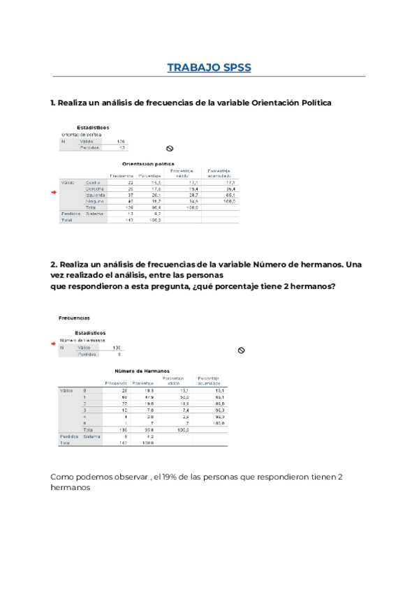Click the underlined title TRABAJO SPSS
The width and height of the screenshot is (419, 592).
coord(209,68)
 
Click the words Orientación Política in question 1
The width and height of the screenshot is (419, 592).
coord(291,103)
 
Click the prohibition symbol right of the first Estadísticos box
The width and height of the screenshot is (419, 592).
coord(169,148)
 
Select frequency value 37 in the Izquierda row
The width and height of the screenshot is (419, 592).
coord(130,195)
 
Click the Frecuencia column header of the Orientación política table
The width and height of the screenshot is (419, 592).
coord(122,175)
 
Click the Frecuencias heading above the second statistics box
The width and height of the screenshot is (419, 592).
coord(74,318)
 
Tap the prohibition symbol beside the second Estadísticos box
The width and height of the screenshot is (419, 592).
coord(241,350)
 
